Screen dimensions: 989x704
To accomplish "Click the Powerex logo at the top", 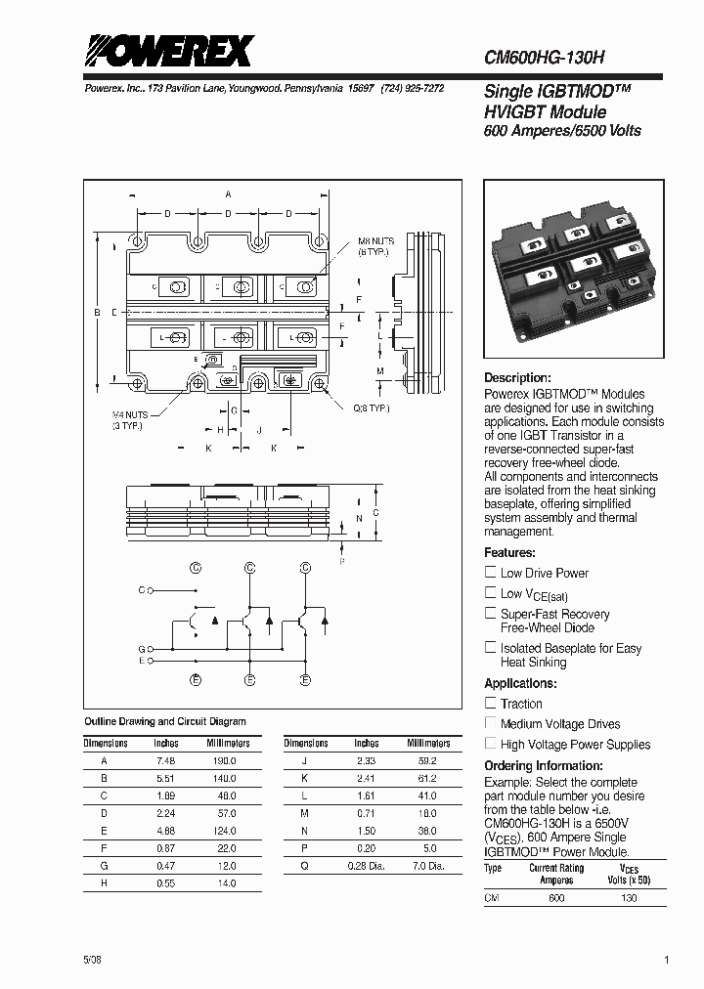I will pos(168,51).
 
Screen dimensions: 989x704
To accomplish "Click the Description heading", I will pos(517,378).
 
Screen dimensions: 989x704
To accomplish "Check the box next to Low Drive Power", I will pos(491,573).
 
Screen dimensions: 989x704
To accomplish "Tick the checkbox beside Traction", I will pos(491,704).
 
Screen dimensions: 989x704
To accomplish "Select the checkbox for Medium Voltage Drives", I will pos(491,724).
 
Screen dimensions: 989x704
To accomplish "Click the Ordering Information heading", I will pos(544,766).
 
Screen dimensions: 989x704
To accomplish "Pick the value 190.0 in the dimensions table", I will pos(225,759).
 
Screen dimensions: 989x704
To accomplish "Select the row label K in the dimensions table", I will pos(305,778).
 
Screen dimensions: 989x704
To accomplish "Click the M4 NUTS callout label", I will pos(128,420).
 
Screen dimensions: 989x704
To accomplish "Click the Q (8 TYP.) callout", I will pos(371,407).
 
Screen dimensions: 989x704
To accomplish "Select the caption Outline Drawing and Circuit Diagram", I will pos(165,722).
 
